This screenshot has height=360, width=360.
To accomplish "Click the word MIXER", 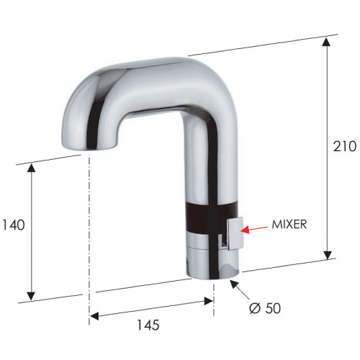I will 289,224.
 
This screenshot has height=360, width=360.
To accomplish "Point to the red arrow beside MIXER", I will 255,229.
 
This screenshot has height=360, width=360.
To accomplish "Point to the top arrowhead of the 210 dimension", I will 328,41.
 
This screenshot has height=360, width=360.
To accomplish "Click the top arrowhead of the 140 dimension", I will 31,168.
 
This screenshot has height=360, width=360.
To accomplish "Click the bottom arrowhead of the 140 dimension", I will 31,295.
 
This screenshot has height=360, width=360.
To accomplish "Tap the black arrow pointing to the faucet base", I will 235,286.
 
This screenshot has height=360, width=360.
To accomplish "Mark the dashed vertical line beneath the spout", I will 89,230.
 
